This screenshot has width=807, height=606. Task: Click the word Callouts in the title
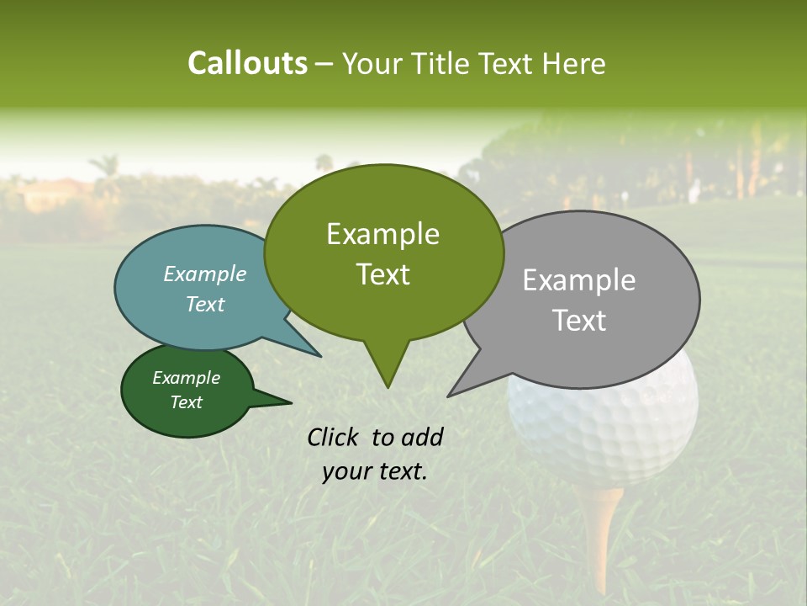(247, 64)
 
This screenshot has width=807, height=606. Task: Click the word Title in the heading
(446, 64)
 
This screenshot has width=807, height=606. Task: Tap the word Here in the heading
(573, 64)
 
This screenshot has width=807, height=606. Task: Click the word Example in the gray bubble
(579, 280)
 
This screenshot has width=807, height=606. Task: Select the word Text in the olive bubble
(383, 274)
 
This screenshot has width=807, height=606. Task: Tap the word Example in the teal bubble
(204, 274)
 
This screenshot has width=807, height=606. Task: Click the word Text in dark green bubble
(187, 402)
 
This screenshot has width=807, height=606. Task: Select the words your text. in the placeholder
(374, 471)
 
